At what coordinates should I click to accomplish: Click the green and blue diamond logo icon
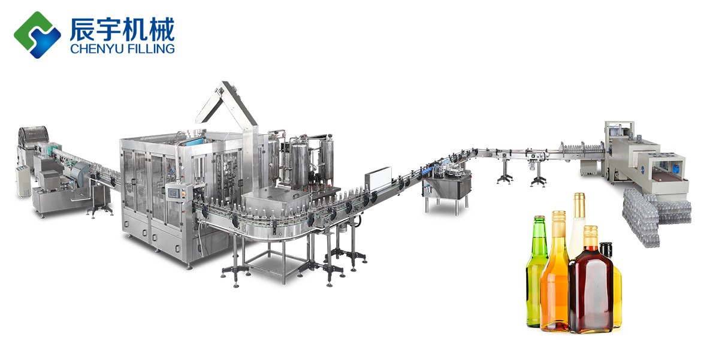[x=37, y=35]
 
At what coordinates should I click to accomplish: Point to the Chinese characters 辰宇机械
[x=122, y=29]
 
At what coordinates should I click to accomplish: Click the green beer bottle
[x=537, y=272]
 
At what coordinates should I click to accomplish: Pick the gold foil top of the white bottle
[x=579, y=205]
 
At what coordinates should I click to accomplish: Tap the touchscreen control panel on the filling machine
[x=174, y=193]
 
